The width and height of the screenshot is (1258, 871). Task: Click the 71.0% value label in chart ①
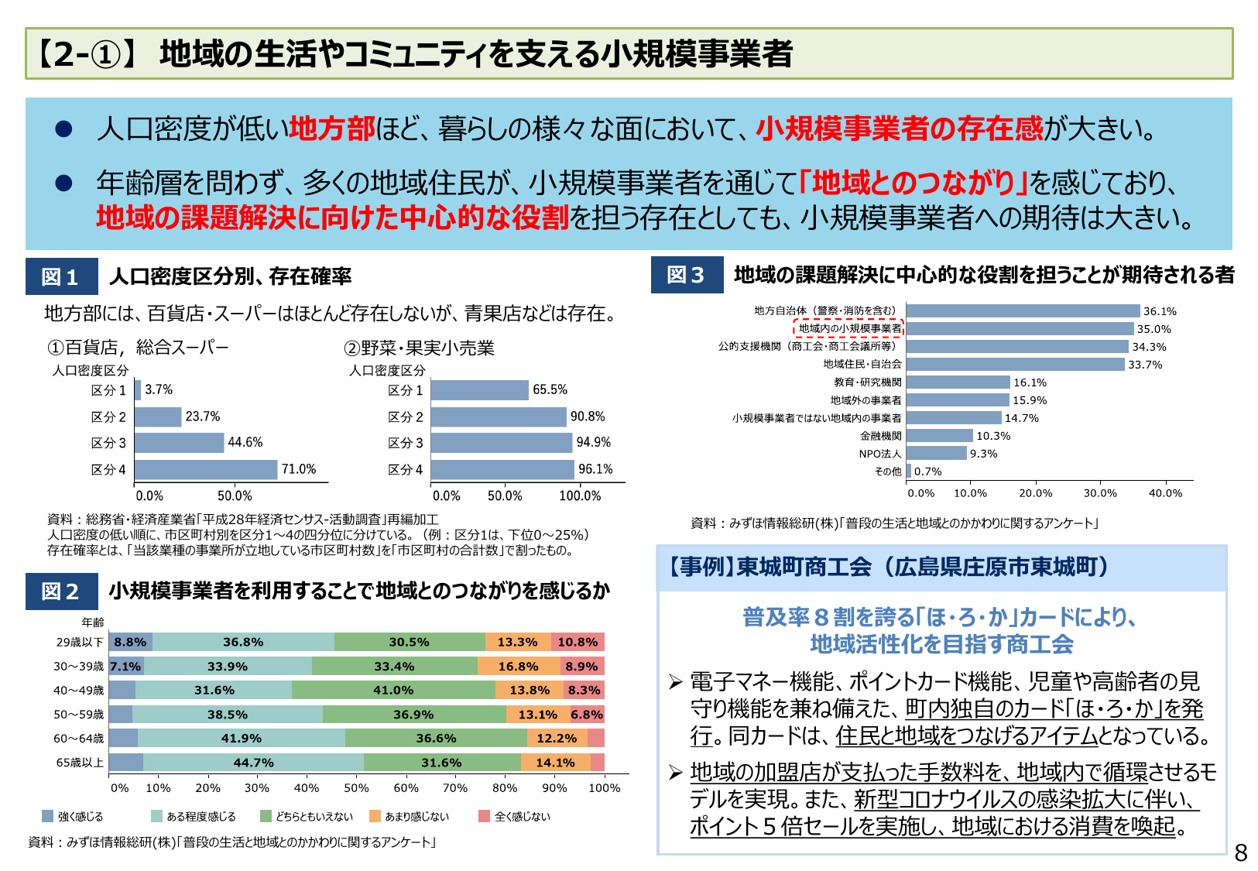point(298,469)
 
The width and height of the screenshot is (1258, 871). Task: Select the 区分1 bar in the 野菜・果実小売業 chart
point(479,390)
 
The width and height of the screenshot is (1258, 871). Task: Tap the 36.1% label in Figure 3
point(1159,311)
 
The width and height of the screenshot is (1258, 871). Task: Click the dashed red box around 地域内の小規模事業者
point(848,328)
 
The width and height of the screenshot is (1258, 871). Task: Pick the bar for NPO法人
point(936,454)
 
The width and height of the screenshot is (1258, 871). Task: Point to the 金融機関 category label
point(880,436)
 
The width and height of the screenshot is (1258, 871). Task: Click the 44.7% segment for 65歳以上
point(253,763)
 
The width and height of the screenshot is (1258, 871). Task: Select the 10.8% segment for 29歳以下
point(578,642)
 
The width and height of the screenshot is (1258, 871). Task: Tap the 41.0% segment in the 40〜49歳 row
point(393,690)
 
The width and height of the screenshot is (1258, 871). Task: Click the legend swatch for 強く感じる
point(48,816)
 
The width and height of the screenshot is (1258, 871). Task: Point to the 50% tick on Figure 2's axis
point(356,788)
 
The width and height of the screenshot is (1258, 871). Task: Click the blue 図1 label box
point(61,276)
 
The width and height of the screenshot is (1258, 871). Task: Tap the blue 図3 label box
point(687,275)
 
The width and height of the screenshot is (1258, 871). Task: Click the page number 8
point(1240,853)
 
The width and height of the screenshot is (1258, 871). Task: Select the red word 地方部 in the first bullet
point(331,129)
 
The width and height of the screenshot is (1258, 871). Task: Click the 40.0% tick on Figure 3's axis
point(1165,493)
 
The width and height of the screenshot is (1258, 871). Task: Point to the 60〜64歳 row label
point(78,739)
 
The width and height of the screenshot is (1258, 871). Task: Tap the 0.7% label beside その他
point(927,472)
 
